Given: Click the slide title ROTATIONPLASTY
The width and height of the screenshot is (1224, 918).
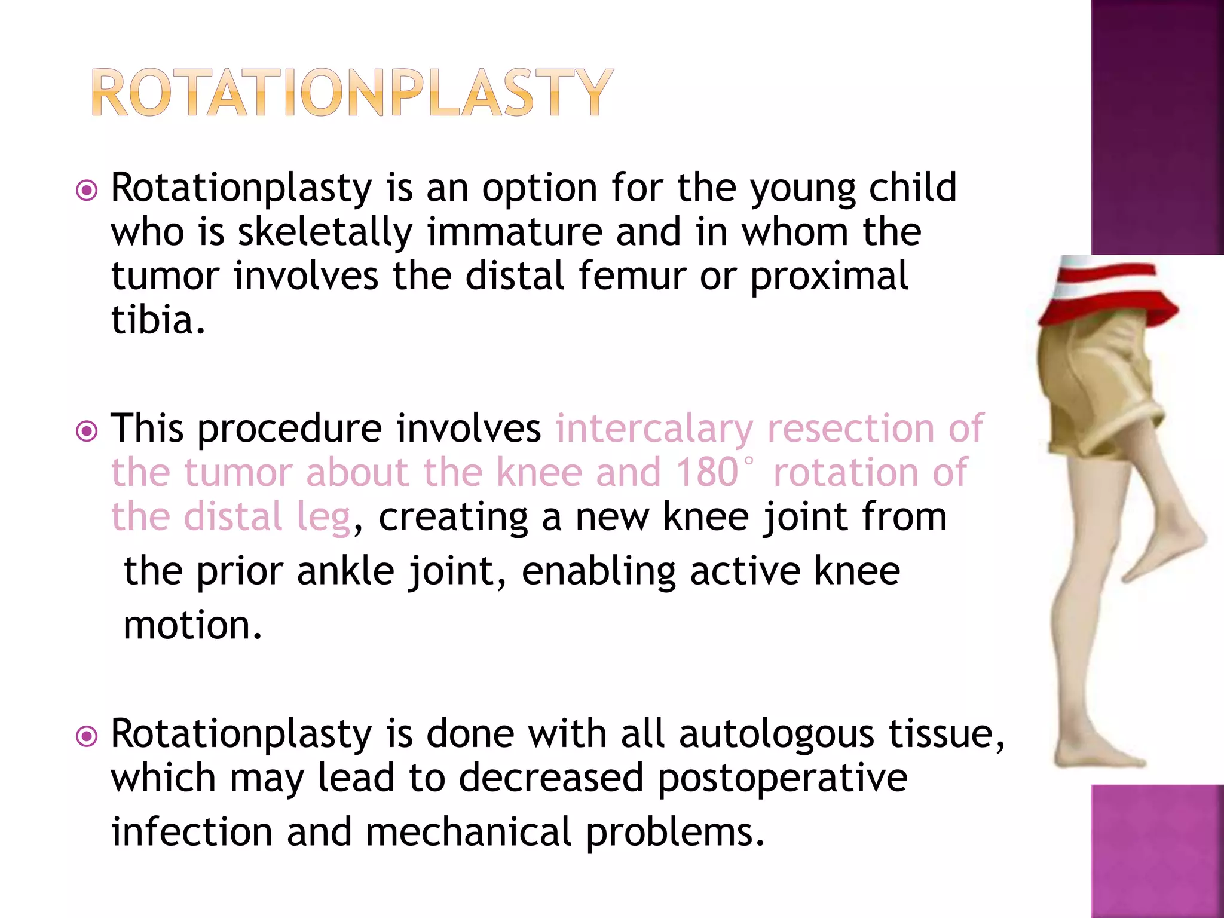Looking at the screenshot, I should [353, 93].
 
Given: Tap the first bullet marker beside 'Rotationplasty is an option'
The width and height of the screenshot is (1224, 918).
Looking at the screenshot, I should [87, 191].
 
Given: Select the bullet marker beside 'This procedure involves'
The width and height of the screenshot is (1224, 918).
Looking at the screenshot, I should [87, 431].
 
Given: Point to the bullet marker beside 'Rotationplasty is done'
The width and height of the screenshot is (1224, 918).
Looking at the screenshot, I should [87, 736].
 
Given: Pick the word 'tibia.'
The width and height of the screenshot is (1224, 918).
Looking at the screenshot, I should [158, 320].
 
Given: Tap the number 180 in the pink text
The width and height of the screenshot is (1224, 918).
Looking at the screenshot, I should [708, 473].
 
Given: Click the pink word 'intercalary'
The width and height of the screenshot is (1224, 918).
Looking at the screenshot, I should [654, 429].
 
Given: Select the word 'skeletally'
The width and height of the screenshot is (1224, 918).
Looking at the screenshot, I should [325, 232].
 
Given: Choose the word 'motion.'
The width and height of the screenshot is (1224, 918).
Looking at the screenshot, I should [192, 625].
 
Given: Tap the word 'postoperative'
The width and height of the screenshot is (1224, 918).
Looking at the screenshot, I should [782, 778].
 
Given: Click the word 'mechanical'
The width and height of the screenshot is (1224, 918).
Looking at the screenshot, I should [469, 832].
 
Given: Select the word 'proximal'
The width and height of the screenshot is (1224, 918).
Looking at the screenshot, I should [829, 277].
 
